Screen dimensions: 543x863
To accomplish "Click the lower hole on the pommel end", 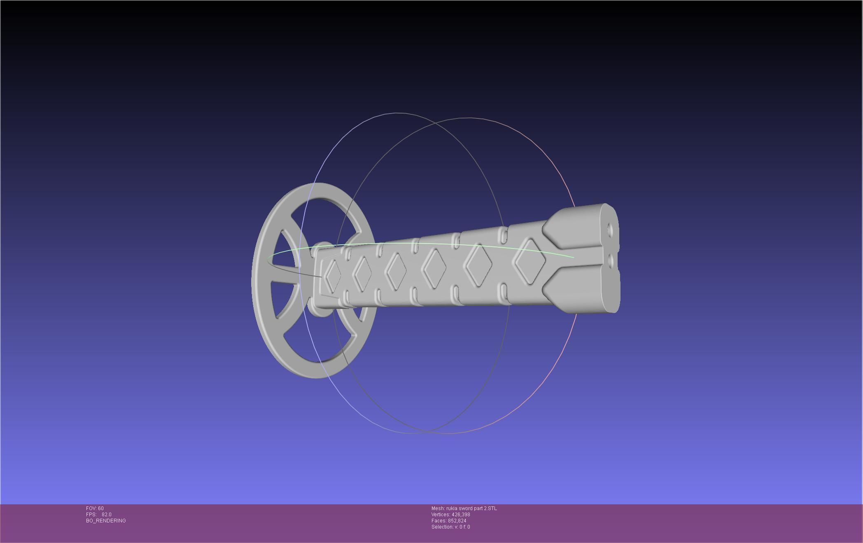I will (x=610, y=260).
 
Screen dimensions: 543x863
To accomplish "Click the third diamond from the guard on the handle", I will (x=396, y=270).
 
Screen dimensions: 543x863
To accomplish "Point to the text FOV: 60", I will (x=95, y=508).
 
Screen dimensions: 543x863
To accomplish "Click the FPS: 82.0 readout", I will (x=99, y=515).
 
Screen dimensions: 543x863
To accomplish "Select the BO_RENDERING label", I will (x=106, y=521).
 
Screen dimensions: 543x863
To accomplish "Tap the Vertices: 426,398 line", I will (x=450, y=515).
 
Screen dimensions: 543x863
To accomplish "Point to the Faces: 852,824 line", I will (x=449, y=521).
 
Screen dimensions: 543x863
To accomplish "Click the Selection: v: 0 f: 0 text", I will (x=450, y=527).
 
